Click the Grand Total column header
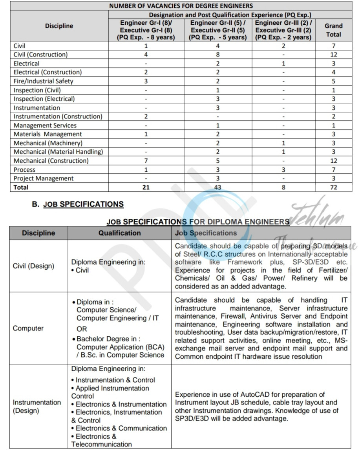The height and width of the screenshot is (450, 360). click(x=333, y=30)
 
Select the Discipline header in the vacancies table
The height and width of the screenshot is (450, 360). click(x=59, y=26)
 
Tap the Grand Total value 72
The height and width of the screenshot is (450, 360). click(x=333, y=187)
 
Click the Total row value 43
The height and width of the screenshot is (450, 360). click(x=218, y=187)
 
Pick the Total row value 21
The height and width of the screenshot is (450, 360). click(x=146, y=187)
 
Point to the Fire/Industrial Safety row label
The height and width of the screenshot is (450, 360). click(x=43, y=81)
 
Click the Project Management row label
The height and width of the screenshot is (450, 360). click(x=43, y=178)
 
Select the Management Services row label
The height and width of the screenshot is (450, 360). click(x=45, y=125)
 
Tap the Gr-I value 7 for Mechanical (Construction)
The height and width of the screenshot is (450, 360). click(x=146, y=161)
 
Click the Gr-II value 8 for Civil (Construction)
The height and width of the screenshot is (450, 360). click(x=218, y=54)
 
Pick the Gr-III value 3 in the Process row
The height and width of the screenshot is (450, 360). click(x=283, y=170)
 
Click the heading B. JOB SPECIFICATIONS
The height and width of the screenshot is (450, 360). click(x=78, y=204)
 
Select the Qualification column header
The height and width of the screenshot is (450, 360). click(x=119, y=233)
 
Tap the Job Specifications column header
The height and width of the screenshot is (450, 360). click(x=206, y=233)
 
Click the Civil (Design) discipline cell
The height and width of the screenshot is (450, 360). click(x=33, y=266)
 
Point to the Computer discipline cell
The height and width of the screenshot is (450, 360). click(x=28, y=328)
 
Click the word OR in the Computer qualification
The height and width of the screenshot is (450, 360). click(x=82, y=329)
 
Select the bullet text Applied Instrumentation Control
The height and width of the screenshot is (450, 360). click(x=110, y=392)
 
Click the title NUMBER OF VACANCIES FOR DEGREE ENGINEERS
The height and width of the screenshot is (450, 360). click(x=181, y=6)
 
